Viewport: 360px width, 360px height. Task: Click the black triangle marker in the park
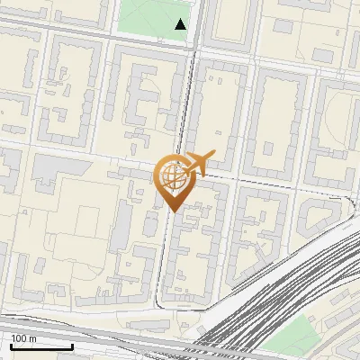pyautogui.click(x=182, y=25)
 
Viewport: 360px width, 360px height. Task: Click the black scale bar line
pyautogui.click(x=41, y=346)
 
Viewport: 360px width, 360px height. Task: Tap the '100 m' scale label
pyautogui.click(x=24, y=338)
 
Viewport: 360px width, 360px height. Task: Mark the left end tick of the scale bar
pyautogui.click(x=12, y=345)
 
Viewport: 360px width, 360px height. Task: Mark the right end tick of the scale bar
pyautogui.click(x=72, y=345)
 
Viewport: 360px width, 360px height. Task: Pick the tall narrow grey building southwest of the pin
pyautogui.click(x=121, y=225)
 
